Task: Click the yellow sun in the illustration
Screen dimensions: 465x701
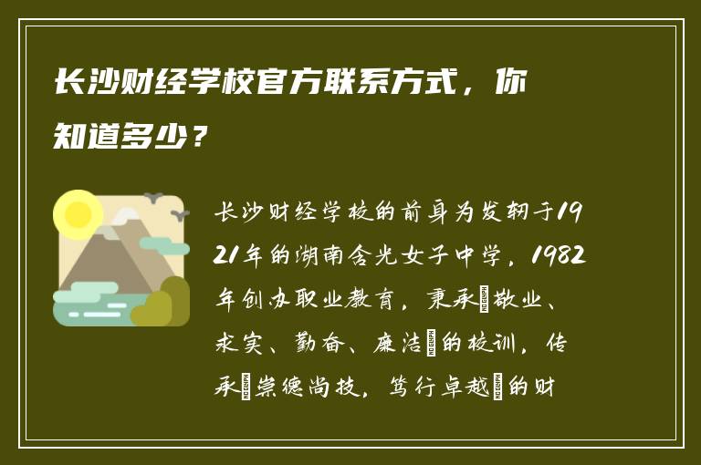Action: pyautogui.click(x=78, y=214)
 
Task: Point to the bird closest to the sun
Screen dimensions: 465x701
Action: pyautogui.click(x=153, y=197)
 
